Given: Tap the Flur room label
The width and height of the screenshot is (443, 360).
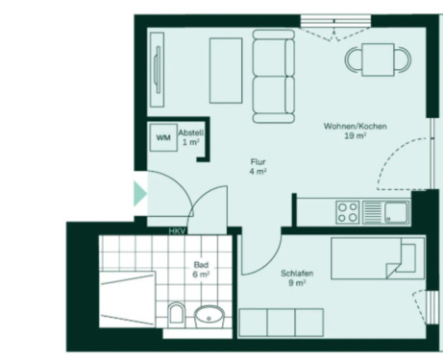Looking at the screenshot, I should (258, 167).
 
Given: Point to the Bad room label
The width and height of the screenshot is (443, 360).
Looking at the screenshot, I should (200, 269).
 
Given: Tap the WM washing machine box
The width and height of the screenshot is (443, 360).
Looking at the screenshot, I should (162, 136).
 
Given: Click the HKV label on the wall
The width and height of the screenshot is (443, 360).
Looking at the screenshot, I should (176, 231).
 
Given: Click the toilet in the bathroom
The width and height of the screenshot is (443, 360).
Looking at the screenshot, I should (175, 312).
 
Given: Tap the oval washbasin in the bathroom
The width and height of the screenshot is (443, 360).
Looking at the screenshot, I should (208, 314).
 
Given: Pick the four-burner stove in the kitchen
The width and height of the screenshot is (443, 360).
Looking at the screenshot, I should (346, 210).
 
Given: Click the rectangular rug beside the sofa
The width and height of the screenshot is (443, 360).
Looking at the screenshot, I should (226, 70).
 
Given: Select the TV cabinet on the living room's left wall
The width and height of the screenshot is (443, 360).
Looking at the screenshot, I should (157, 63).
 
